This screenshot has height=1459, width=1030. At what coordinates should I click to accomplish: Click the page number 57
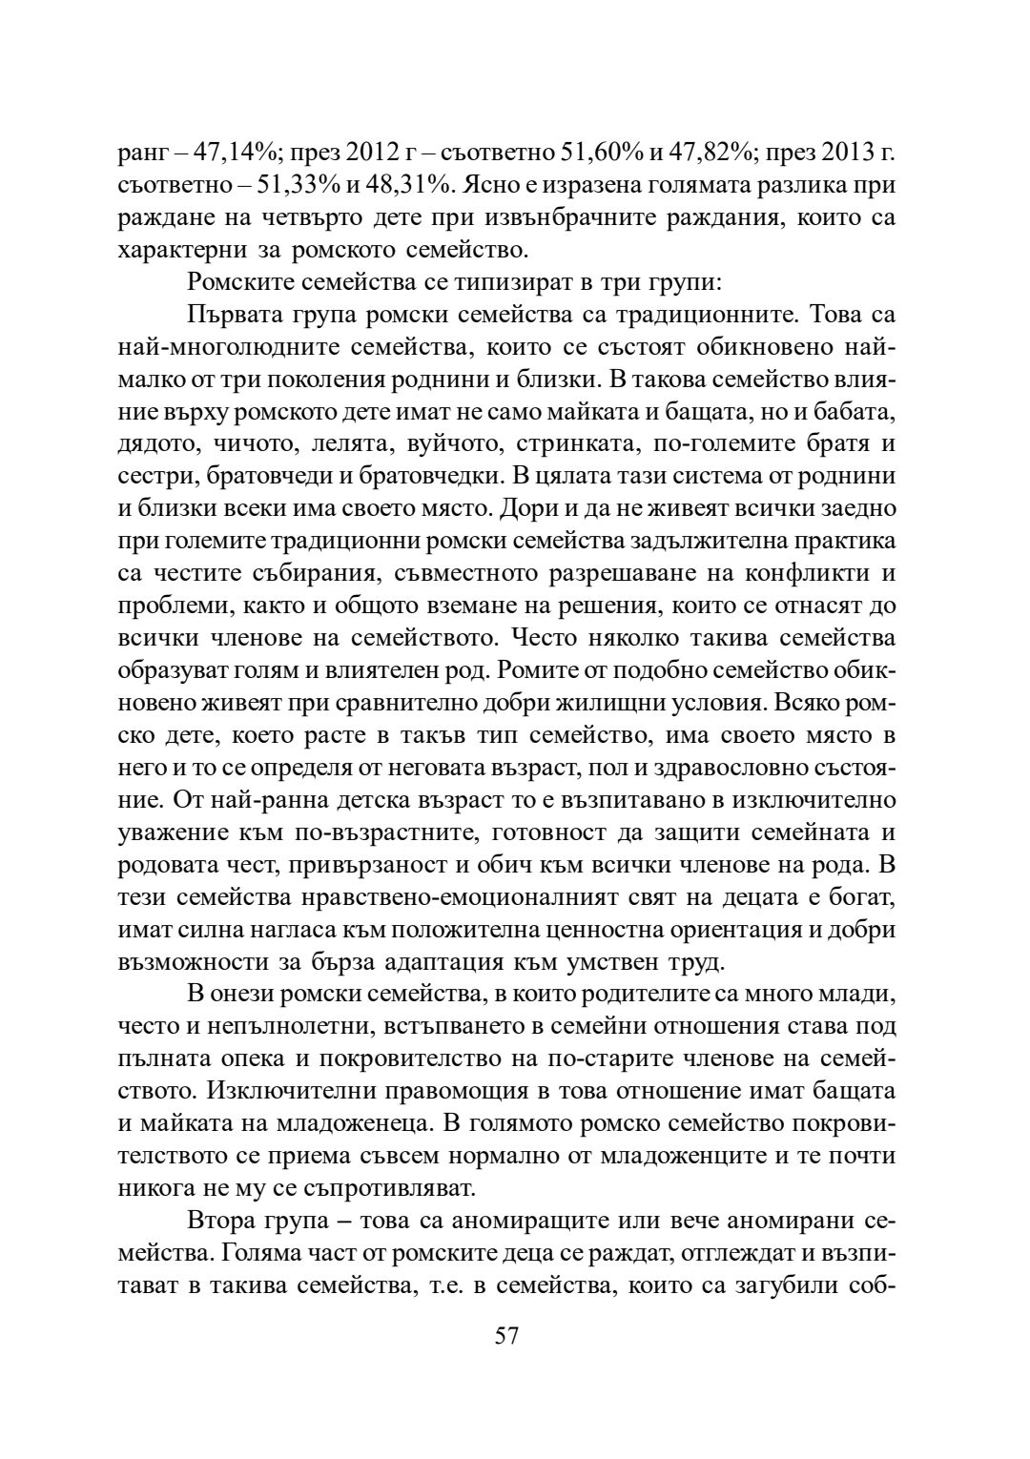coord(506,1334)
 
